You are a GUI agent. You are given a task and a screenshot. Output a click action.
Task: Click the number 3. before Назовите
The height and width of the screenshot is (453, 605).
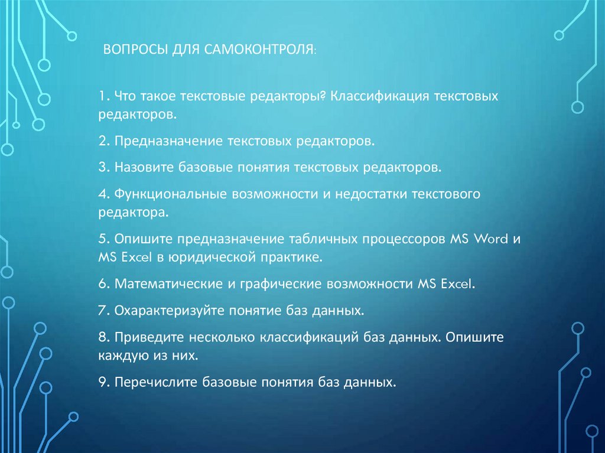[x=105, y=167]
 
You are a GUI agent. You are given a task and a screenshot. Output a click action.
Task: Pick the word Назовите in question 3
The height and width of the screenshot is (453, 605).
[x=144, y=167]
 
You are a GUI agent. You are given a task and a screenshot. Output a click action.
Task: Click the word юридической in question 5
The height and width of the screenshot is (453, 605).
[x=213, y=258]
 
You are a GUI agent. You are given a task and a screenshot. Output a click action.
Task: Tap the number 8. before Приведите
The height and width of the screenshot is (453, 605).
[x=105, y=337]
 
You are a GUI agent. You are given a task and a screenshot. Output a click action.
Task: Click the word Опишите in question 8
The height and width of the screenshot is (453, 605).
[x=474, y=337]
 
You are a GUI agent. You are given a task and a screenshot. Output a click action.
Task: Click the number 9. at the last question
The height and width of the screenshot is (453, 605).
[x=105, y=382]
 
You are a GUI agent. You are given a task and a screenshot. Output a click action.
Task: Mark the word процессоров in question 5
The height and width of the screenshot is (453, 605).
[x=411, y=240]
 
